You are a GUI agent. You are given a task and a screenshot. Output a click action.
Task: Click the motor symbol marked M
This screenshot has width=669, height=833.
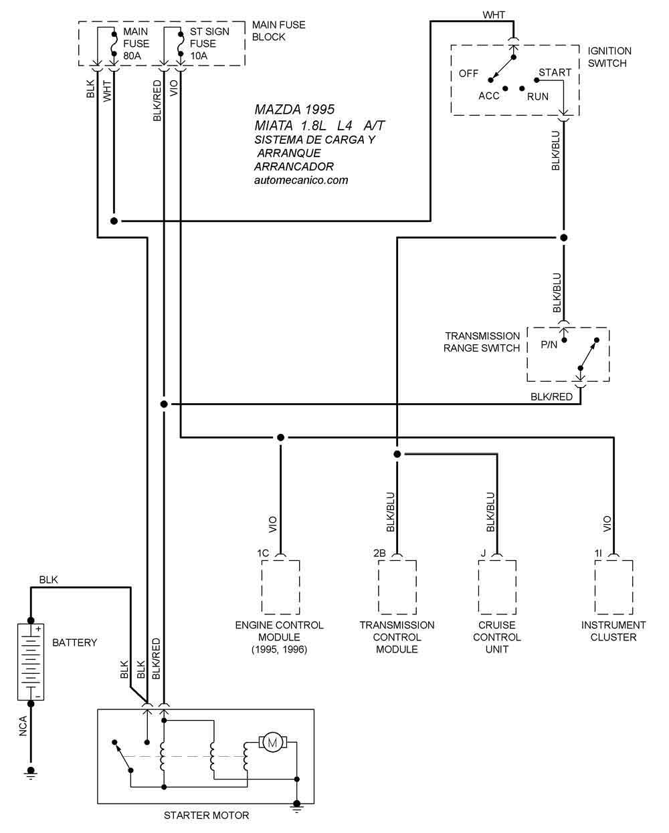[x=272, y=742]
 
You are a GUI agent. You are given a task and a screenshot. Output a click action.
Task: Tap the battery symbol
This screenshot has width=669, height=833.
[x=31, y=662]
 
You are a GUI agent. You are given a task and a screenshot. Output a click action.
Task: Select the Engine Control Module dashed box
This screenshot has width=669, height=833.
[x=280, y=587]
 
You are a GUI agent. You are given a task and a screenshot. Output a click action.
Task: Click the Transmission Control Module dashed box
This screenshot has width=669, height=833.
[x=397, y=587]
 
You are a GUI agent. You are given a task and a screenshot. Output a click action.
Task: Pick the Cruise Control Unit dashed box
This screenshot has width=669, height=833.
[x=497, y=587]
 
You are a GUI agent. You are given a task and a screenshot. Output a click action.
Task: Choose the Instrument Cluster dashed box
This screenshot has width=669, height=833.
[x=613, y=587]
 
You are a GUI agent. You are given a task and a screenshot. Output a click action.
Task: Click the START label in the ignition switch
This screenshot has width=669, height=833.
[x=555, y=72]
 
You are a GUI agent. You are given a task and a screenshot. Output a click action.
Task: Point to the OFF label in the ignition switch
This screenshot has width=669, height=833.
[x=468, y=74]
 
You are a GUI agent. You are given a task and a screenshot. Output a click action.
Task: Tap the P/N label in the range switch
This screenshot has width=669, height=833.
[x=549, y=344]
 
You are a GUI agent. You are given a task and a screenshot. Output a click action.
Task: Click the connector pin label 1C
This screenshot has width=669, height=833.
[x=263, y=553]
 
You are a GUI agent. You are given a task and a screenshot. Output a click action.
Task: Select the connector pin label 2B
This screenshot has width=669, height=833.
[x=379, y=553]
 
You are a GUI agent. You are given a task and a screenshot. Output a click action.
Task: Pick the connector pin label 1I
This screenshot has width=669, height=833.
[x=598, y=553]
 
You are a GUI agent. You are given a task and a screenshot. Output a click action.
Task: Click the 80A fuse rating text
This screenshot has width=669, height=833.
[x=132, y=55]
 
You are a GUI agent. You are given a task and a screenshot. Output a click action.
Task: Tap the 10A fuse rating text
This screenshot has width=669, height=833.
[x=198, y=55]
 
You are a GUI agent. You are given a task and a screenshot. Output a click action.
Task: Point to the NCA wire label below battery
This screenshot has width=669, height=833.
[x=23, y=726]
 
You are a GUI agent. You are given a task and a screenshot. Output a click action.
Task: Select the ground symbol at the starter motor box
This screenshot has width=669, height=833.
[x=297, y=806]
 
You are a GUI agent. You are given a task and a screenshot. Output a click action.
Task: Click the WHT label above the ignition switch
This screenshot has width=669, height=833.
[x=494, y=15]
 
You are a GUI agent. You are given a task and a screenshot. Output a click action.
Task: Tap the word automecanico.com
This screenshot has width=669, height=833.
[x=301, y=180]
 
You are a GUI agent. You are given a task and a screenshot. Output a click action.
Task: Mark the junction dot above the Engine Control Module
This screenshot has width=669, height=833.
[x=280, y=437]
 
